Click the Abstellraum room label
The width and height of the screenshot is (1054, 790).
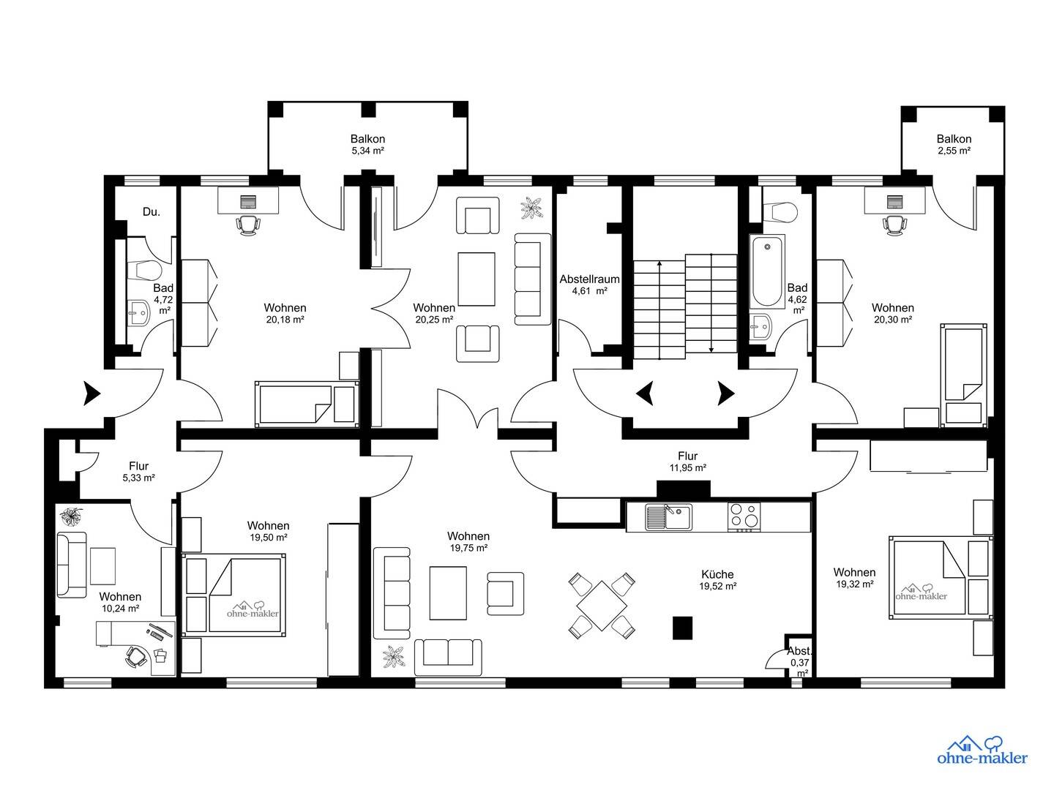click(589, 279)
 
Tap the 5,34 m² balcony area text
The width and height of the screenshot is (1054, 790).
click(367, 151)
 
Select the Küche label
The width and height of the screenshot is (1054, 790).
click(717, 574)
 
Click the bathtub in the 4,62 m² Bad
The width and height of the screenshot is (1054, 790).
click(767, 271)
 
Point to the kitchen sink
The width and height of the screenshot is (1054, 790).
click(668, 516)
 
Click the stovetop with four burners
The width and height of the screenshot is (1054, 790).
click(744, 517)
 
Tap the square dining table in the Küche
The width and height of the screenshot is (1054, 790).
click(602, 606)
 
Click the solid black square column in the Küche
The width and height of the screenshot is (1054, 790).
click(682, 628)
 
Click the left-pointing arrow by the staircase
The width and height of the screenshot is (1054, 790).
click(645, 394)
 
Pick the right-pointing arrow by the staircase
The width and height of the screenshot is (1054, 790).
click(726, 394)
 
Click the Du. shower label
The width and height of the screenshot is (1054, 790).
click(152, 212)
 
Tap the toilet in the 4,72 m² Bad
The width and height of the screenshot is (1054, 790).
click(146, 271)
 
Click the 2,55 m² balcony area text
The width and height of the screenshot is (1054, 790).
click(954, 151)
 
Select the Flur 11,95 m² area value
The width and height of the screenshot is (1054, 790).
click(687, 467)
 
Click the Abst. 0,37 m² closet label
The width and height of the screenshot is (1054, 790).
click(799, 662)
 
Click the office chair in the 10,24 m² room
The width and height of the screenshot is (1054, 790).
click(136, 656)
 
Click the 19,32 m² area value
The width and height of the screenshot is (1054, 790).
click(854, 584)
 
